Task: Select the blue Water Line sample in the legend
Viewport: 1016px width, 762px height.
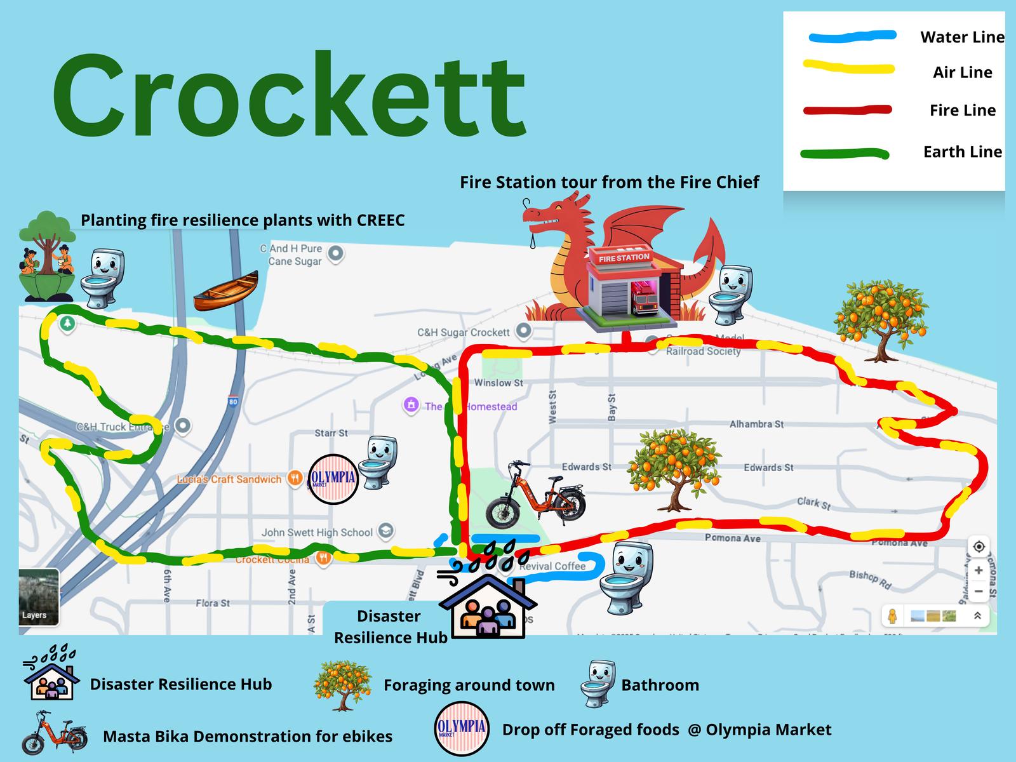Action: coord(852,36)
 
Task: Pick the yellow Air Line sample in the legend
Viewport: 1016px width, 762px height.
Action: coord(849,67)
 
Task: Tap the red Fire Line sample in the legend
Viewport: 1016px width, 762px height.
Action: coord(848,110)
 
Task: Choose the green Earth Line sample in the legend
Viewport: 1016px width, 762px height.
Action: coord(845,153)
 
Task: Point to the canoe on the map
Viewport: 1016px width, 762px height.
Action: coord(226,291)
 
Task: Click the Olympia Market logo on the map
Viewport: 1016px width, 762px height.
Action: coord(333,479)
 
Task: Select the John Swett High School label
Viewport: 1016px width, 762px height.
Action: coord(317,532)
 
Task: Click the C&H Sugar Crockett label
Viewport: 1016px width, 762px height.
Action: coord(463,332)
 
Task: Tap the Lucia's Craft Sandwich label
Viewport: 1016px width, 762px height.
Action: coord(229,479)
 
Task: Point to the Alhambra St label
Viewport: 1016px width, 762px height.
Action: coord(756,424)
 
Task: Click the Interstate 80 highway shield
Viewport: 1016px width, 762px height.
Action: coord(233,401)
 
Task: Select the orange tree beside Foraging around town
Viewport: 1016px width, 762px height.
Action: coord(343,685)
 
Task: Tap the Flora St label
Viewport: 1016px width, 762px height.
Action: coord(213,603)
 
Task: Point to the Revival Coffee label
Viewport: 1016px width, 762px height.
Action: coord(552,566)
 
